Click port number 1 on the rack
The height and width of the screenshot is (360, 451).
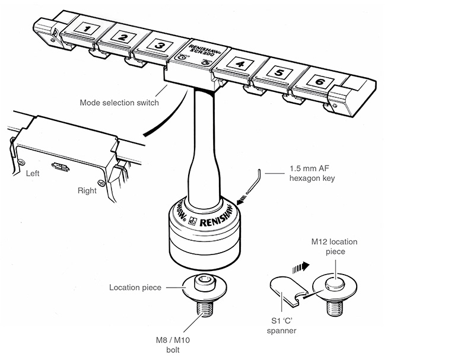87,28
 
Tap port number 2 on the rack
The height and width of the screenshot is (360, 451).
123,37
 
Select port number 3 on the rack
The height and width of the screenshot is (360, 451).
159,44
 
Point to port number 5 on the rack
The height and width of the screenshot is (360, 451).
281,74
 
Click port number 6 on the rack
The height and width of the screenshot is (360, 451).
320,81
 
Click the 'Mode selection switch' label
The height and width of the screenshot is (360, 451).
119,103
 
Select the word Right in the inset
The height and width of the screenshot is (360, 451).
87,191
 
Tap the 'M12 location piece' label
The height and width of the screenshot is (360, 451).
335,247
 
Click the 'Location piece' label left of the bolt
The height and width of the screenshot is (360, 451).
135,288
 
